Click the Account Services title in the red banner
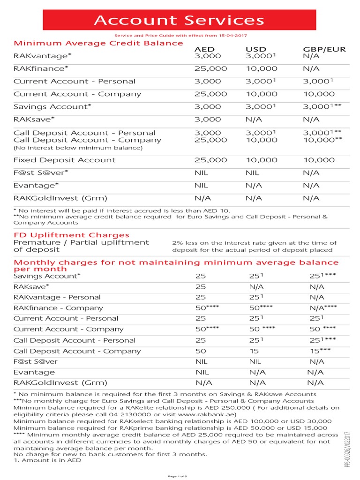click(180, 20)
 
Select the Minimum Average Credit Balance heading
click(98, 43)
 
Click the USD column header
click(256, 49)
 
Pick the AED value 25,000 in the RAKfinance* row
click(210, 68)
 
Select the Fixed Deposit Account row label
click(64, 160)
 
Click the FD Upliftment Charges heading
click(71, 235)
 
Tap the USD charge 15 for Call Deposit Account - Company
click(254, 351)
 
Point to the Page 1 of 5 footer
click(180, 476)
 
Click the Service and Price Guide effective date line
click(180, 36)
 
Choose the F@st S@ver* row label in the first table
click(41, 172)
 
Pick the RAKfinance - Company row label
click(58, 308)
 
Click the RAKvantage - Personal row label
click(57, 297)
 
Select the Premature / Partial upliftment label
click(81, 242)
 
